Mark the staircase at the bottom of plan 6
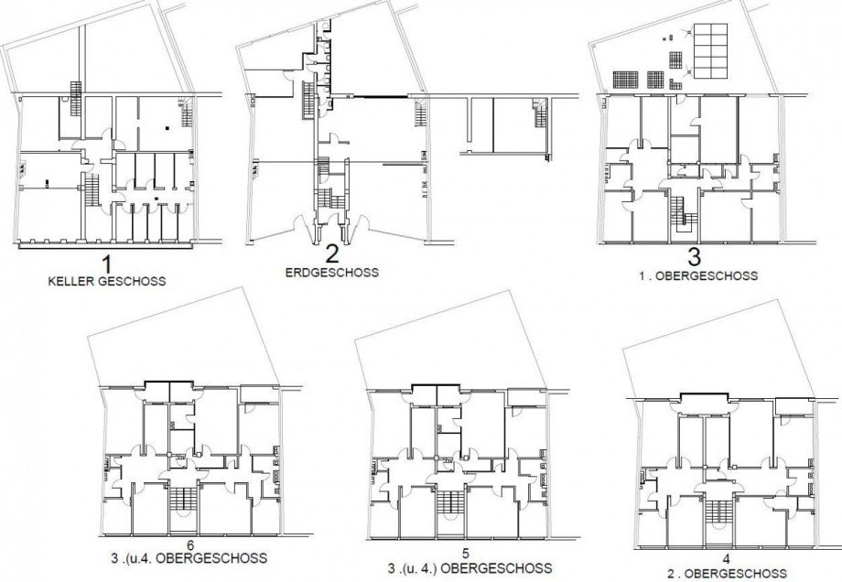pyautogui.click(x=180, y=507)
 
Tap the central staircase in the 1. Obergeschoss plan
pyautogui.click(x=681, y=215)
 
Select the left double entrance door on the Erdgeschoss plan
pyautogui.click(x=303, y=225)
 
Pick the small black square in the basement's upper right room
pyautogui.click(x=167, y=128)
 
